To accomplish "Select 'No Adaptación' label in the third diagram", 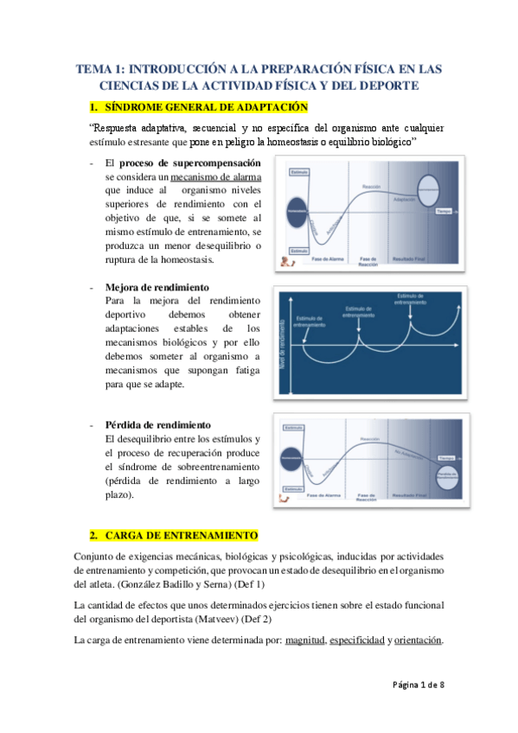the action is (x=406, y=451).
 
